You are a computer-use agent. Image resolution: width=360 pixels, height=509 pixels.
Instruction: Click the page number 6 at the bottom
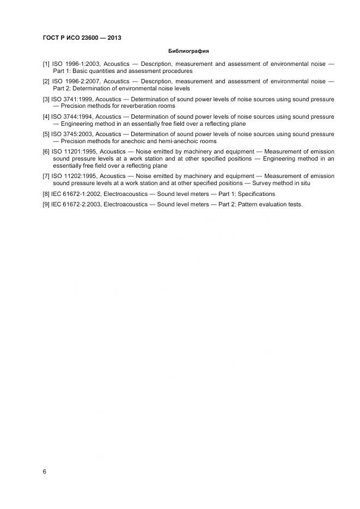coord(44,471)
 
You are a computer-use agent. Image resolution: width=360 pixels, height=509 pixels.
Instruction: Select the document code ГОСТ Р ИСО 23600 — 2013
coord(82,38)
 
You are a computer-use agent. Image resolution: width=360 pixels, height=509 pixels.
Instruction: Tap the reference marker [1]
coord(46,64)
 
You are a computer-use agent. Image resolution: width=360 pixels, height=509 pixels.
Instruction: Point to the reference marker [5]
coord(46,134)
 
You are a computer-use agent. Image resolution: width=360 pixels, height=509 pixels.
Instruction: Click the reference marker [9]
coord(46,204)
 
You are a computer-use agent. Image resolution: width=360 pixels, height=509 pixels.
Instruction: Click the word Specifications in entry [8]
coord(257,194)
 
